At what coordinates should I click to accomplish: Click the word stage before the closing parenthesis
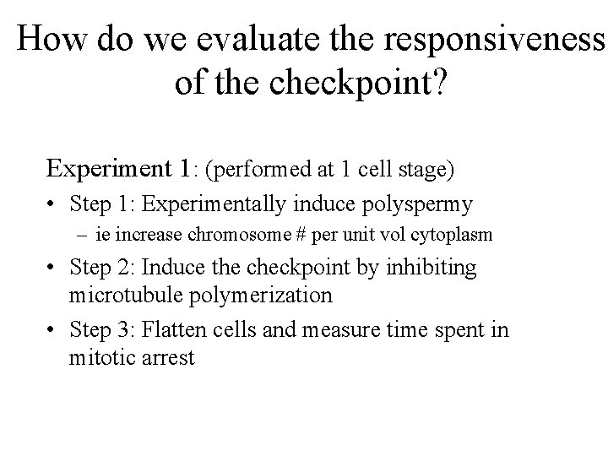426,171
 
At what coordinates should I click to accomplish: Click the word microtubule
123,296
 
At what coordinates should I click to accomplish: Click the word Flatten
171,329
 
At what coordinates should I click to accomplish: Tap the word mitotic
99,357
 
